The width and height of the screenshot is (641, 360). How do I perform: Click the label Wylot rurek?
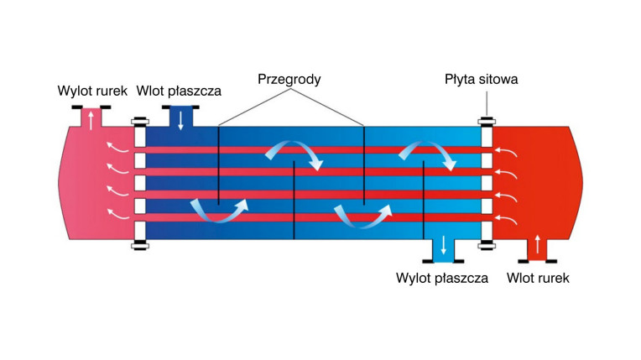pyautogui.click(x=92, y=91)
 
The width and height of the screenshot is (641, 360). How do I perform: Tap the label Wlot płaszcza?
pyautogui.click(x=179, y=91)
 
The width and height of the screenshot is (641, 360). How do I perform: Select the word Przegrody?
pyautogui.click(x=289, y=80)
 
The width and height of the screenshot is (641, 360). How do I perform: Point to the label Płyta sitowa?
pyautogui.click(x=481, y=80)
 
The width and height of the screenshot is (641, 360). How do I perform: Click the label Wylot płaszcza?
pyautogui.click(x=442, y=279)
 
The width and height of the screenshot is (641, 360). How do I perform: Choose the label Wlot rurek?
pyautogui.click(x=538, y=279)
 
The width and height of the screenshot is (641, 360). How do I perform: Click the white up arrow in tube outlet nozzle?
pyautogui.click(x=91, y=120)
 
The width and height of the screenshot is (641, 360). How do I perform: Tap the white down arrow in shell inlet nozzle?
pyautogui.click(x=180, y=121)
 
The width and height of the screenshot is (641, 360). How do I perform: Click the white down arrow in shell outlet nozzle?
pyautogui.click(x=443, y=245)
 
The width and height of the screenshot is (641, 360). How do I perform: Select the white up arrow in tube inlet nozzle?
pyautogui.click(x=538, y=244)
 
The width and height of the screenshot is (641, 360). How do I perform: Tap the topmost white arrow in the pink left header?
pyautogui.click(x=117, y=147)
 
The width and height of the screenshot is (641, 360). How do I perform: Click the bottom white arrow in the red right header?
pyautogui.click(x=506, y=220)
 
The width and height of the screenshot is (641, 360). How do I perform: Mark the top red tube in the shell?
pyautogui.click(x=313, y=150)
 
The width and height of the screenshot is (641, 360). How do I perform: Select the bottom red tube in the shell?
pyautogui.click(x=313, y=217)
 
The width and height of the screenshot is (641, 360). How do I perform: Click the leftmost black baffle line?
pyautogui.click(x=219, y=165)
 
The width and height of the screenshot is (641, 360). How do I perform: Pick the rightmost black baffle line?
pyautogui.click(x=424, y=200)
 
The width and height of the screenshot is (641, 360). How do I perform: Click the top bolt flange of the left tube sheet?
pyautogui.click(x=140, y=121)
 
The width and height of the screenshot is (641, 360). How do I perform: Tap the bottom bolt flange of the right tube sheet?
pyautogui.click(x=487, y=245)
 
